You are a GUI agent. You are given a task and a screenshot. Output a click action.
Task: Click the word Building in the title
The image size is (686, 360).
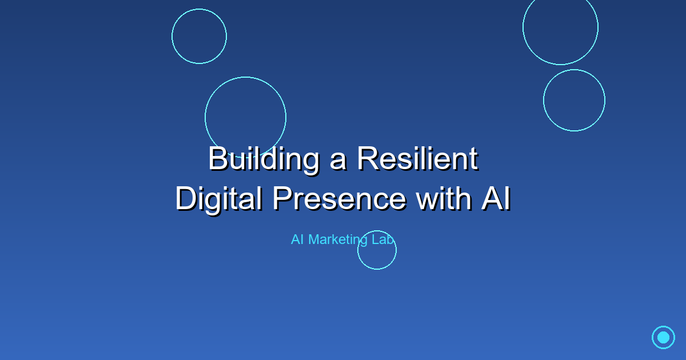[x=264, y=159]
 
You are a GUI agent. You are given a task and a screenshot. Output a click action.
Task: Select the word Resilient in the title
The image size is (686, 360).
[x=417, y=159]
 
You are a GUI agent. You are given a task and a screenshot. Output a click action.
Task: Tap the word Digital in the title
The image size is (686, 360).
[x=218, y=199]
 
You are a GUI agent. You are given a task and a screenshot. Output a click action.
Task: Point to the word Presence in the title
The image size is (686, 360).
[x=338, y=199]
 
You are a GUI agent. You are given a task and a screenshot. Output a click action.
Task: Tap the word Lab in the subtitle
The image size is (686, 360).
[x=383, y=240]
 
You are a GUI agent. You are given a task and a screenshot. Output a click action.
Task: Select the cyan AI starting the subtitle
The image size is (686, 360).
[x=297, y=240]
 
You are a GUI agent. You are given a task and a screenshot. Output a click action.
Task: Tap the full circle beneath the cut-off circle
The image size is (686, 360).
[x=574, y=100]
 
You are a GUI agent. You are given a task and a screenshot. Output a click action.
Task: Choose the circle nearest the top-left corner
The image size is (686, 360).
[x=199, y=36]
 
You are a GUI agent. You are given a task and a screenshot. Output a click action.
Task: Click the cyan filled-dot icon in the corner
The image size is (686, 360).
[x=663, y=337]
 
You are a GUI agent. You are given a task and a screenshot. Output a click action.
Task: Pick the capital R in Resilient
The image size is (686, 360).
[x=368, y=159]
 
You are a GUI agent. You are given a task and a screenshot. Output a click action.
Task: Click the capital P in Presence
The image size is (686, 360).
[x=282, y=199]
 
